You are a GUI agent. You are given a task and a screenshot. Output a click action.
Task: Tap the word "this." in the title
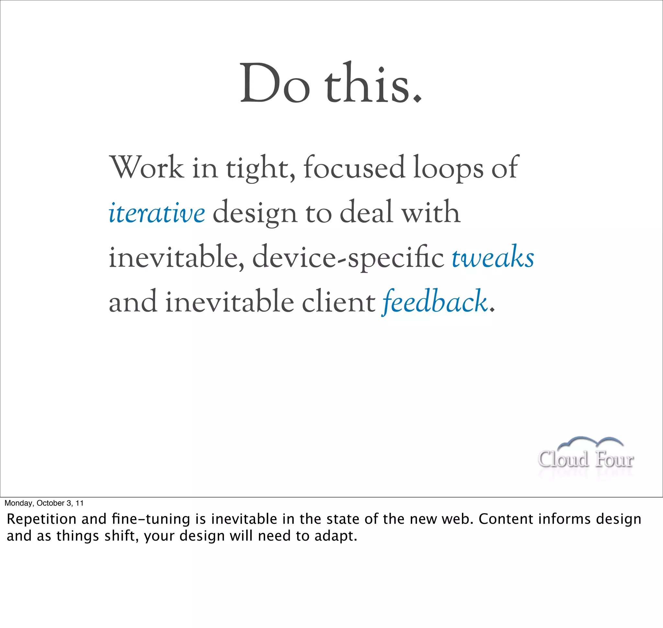[x=373, y=84]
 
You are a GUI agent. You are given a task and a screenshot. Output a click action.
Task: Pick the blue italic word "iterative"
[x=157, y=213]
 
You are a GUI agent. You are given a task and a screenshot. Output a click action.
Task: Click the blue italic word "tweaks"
[x=493, y=257]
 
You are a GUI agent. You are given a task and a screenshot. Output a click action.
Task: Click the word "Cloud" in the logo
[x=563, y=459]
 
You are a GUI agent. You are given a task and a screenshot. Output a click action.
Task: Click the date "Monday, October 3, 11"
[x=44, y=503]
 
